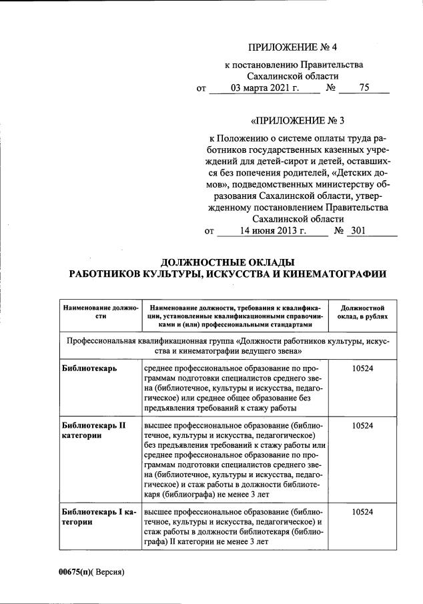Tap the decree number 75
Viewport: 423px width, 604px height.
pos(364,88)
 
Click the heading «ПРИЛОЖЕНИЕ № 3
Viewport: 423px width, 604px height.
pos(295,121)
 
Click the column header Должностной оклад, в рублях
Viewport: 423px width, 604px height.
pos(362,312)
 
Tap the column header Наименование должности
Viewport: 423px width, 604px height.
pos(100,312)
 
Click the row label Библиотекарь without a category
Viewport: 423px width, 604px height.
pos(88,368)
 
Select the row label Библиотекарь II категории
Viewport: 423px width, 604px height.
pos(93,429)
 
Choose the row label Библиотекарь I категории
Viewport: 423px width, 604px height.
pos(98,517)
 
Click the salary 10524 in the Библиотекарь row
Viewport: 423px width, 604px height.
pos(362,368)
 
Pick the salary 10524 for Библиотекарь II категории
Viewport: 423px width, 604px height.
pos(362,424)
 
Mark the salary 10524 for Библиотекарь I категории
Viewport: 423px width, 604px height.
pos(362,512)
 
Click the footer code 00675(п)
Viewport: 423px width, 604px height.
pos(73,572)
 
